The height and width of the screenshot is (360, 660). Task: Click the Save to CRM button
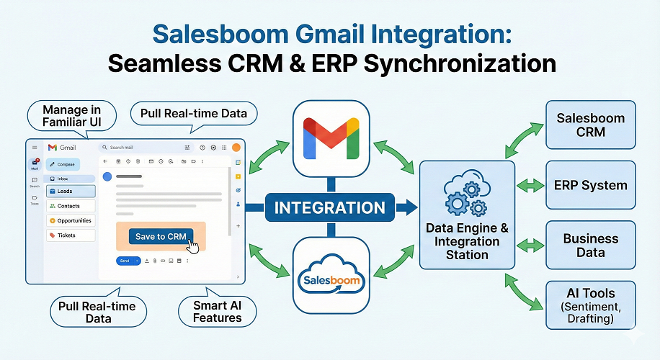tap(161, 236)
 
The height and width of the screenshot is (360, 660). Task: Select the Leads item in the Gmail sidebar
tap(71, 192)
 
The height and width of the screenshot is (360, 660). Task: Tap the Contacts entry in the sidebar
tap(71, 206)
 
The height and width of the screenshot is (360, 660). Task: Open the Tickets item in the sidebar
tap(71, 235)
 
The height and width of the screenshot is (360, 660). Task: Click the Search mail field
tap(145, 148)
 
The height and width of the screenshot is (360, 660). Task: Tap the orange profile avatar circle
tap(236, 148)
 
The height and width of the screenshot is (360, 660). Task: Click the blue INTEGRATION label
tap(331, 208)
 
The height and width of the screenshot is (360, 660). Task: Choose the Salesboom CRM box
tap(590, 125)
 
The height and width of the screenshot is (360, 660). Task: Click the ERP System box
tap(590, 185)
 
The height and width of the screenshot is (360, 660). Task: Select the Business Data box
tap(590, 246)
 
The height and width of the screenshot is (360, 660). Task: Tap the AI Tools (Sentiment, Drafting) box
tap(590, 305)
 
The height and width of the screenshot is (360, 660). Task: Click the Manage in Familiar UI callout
tap(71, 116)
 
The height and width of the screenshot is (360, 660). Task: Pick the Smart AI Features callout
tap(217, 311)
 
